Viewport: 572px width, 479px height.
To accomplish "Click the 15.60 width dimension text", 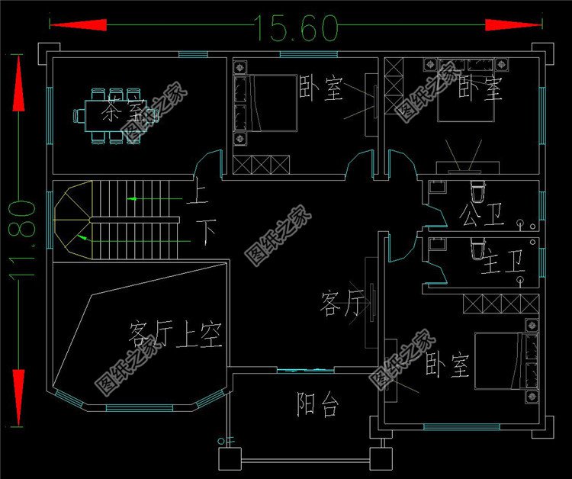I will point(297,28).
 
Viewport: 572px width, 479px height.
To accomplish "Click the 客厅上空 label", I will point(175,334).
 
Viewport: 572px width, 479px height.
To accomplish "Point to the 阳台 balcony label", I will point(317,405).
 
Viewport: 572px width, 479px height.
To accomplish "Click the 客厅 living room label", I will point(340,307).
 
